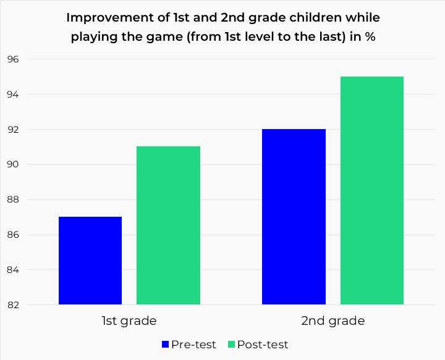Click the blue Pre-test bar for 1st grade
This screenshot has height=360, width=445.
click(90, 261)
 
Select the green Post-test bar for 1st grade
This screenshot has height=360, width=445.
click(168, 225)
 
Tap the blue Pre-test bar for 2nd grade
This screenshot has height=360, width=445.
click(294, 217)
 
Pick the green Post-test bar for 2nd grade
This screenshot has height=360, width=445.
click(371, 191)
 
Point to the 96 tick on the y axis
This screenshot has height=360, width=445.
click(14, 60)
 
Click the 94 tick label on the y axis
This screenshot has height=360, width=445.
click(14, 94)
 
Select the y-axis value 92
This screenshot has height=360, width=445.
click(14, 130)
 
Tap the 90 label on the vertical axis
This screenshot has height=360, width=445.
click(14, 165)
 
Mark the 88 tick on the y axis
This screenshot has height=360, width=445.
click(14, 199)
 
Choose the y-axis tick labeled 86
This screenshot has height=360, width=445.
click(14, 235)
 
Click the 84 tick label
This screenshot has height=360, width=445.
click(14, 270)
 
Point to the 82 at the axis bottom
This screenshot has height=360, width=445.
click(14, 305)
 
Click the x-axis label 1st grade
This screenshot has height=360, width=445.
click(129, 321)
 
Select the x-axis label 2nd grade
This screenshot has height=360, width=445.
click(333, 321)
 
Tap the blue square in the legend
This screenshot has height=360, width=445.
click(165, 345)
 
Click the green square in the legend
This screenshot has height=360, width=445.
click(232, 345)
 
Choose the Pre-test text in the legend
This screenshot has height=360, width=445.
click(194, 345)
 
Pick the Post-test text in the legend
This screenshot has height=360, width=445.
click(263, 345)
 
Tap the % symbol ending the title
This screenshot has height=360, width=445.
click(370, 36)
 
